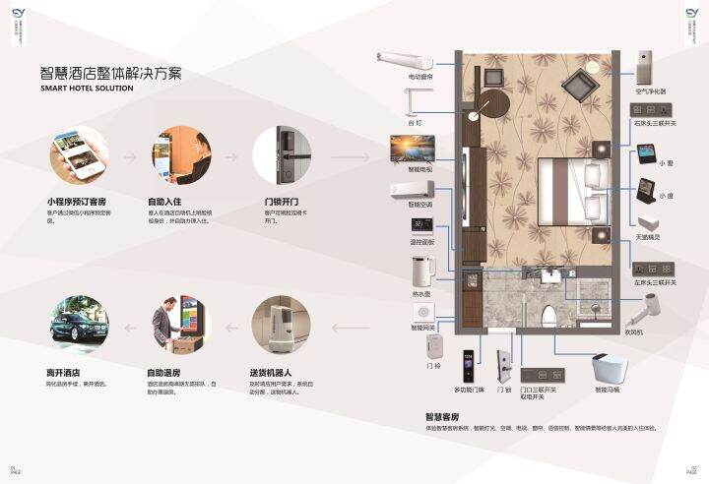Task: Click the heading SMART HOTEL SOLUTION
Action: (87, 89)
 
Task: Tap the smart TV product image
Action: (413, 150)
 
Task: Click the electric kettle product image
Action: (421, 271)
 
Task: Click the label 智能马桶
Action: (608, 391)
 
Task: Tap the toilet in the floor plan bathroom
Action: (549, 314)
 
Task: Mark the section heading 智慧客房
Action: (443, 417)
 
